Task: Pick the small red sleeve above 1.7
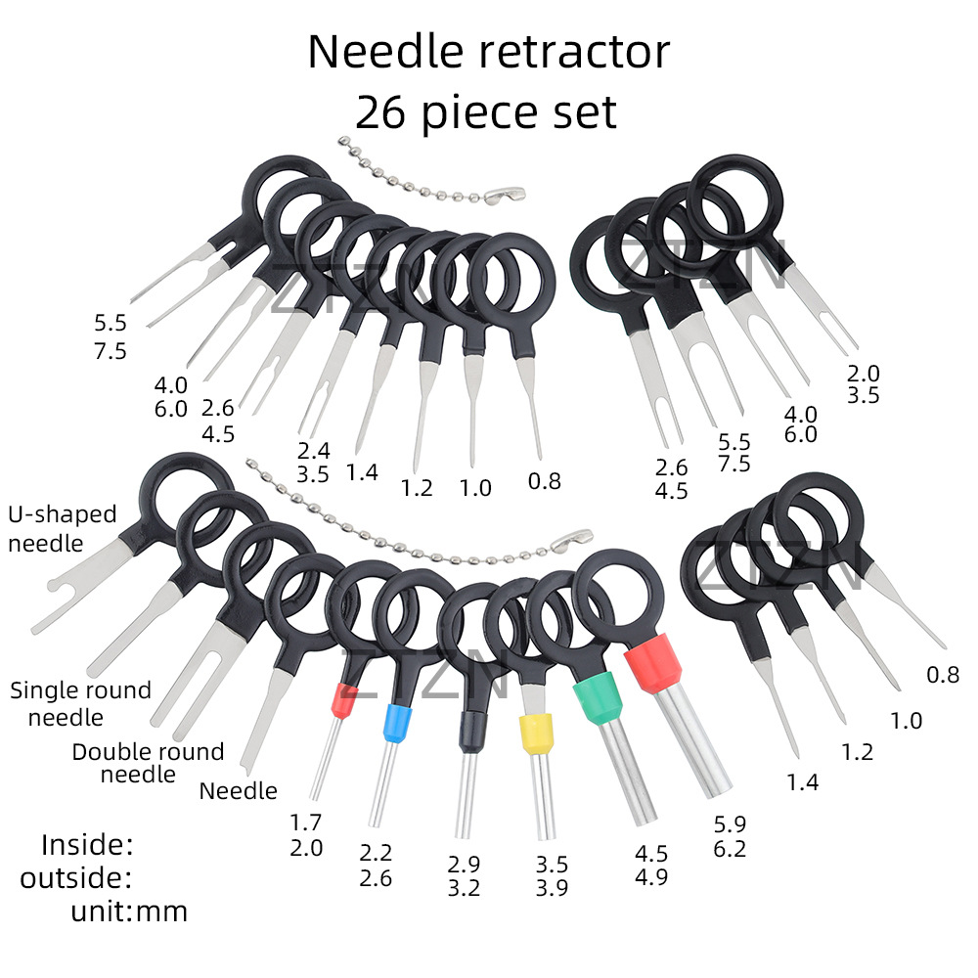pyautogui.click(x=343, y=698)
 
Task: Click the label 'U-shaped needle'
pyautogui.click(x=62, y=528)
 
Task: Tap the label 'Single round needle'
pyautogui.click(x=80, y=703)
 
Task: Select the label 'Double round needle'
pyautogui.click(x=147, y=763)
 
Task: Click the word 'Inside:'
pyautogui.click(x=87, y=844)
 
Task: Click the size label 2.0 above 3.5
pyautogui.click(x=864, y=373)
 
